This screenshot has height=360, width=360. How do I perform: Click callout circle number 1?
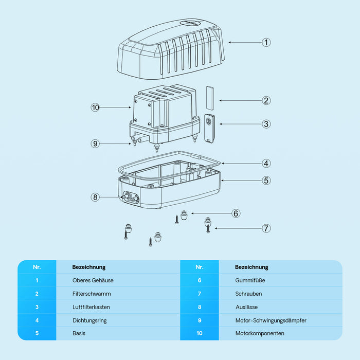[266, 42]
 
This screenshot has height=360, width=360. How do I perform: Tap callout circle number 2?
[266, 100]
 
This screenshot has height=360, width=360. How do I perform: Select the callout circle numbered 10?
[95, 107]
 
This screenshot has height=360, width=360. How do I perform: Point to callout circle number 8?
[95, 197]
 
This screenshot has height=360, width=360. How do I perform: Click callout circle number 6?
[236, 213]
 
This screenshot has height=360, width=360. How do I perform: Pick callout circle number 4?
[266, 164]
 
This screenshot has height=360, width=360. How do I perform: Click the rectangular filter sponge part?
[209, 96]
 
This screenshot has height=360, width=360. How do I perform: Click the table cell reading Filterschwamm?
[92, 294]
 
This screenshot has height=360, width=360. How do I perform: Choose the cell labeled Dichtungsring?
[90, 320]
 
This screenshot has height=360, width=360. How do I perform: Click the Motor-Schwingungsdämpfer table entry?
[271, 320]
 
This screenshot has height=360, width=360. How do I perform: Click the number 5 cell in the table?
[37, 333]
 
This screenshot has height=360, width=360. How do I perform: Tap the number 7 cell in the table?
[200, 294]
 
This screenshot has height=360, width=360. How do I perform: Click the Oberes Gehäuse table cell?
[93, 280]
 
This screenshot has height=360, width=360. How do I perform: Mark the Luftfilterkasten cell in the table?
[91, 307]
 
